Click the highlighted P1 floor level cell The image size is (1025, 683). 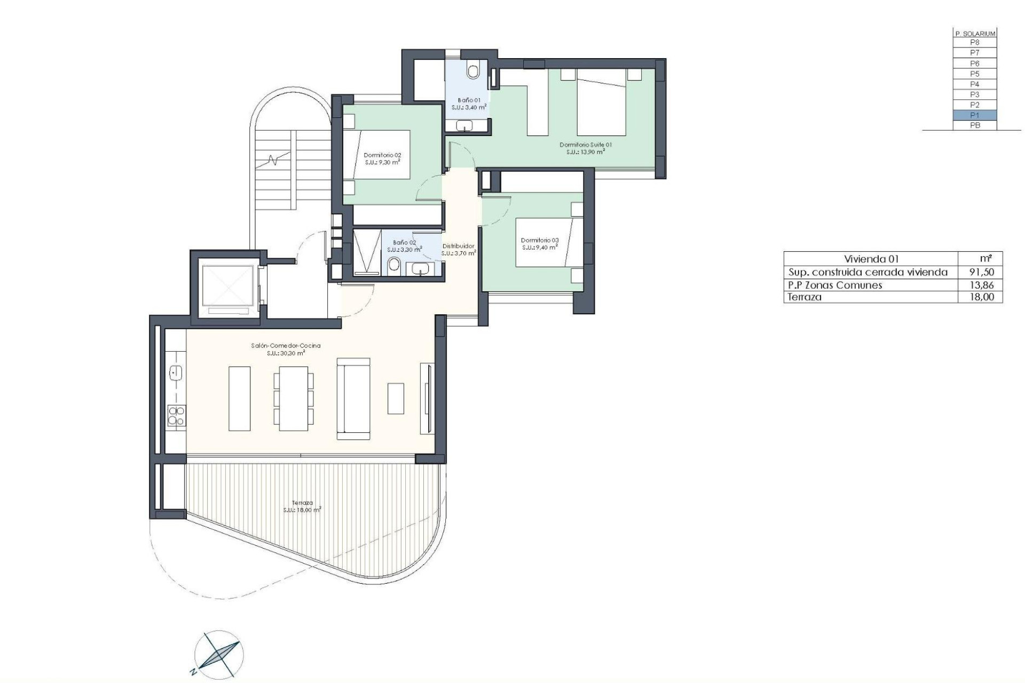974,115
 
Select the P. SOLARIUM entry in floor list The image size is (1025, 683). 974,34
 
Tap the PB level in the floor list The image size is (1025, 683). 974,125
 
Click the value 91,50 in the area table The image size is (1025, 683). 981,272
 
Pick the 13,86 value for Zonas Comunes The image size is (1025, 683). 981,285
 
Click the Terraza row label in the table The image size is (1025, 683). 805,297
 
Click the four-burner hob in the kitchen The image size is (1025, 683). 176,416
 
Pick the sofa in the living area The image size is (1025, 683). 353,399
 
